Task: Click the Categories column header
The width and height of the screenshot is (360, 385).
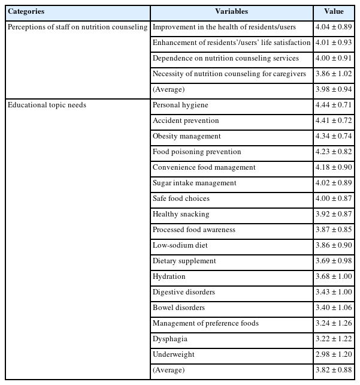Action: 27,11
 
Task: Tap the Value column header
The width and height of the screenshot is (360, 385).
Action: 334,11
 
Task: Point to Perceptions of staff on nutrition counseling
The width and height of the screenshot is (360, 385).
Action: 77,27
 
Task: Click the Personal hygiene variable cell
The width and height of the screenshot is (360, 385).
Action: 180,105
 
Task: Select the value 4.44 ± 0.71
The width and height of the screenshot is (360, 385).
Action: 334,105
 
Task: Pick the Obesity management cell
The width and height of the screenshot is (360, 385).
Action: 186,136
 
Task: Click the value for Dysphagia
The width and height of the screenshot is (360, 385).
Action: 334,339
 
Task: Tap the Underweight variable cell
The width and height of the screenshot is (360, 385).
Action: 173,354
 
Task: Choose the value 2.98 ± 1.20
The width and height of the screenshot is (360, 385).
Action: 334,354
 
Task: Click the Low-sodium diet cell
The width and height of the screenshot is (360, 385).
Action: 178,245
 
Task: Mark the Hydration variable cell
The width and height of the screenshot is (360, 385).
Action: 169,276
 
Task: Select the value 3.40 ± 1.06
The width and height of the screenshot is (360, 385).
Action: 334,308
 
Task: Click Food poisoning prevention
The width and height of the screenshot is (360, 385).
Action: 196,152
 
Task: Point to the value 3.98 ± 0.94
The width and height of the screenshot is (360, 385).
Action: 334,89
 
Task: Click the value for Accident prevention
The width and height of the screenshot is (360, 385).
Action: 334,121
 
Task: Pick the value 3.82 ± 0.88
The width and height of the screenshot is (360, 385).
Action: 334,370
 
